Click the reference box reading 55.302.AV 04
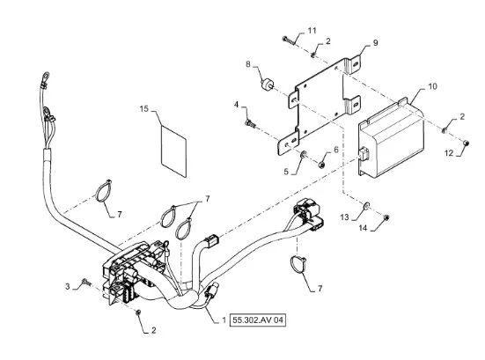coord(258,320)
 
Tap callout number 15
coord(144,108)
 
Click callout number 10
coord(432,86)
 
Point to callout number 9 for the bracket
coord(375,42)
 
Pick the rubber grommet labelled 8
coord(266,85)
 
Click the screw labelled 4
coord(250,124)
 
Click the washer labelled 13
coord(366,205)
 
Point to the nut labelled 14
coord(386,217)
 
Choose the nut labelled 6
coord(320,165)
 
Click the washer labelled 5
coord(304,153)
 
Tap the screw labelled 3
coord(85,282)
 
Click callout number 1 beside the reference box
coord(224,320)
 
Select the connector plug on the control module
coord(364,154)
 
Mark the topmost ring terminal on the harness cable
coord(46,76)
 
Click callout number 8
coord(248,64)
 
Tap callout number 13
coord(344,217)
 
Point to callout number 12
coord(449,153)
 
